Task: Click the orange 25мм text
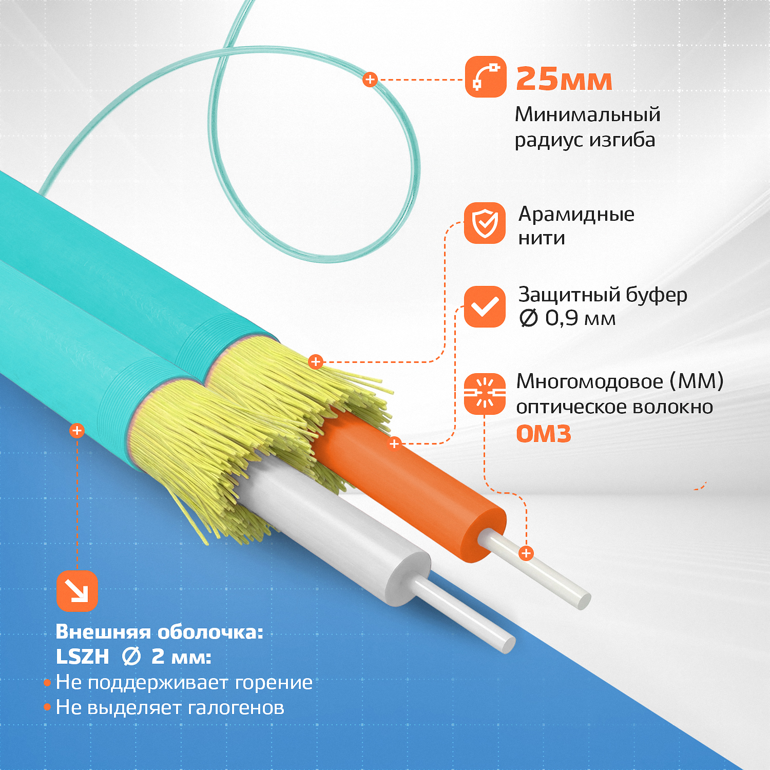[x=564, y=79]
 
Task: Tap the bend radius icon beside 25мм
[x=486, y=77]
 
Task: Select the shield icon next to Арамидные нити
[x=485, y=223]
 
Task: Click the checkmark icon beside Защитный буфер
[x=485, y=306]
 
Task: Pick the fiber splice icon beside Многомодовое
[x=485, y=394]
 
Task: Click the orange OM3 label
[x=544, y=434]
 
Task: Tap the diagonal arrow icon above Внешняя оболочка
[x=77, y=591]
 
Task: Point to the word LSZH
[x=83, y=657]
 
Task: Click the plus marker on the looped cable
[x=370, y=80]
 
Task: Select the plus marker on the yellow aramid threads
[x=316, y=361]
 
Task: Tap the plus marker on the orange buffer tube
[x=394, y=444]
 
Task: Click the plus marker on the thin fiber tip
[x=526, y=553]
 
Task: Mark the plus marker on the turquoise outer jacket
[x=77, y=430]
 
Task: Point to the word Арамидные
[x=576, y=215]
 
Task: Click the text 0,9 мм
[x=580, y=318]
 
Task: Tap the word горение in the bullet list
[x=274, y=683]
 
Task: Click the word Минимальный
[x=588, y=114]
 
